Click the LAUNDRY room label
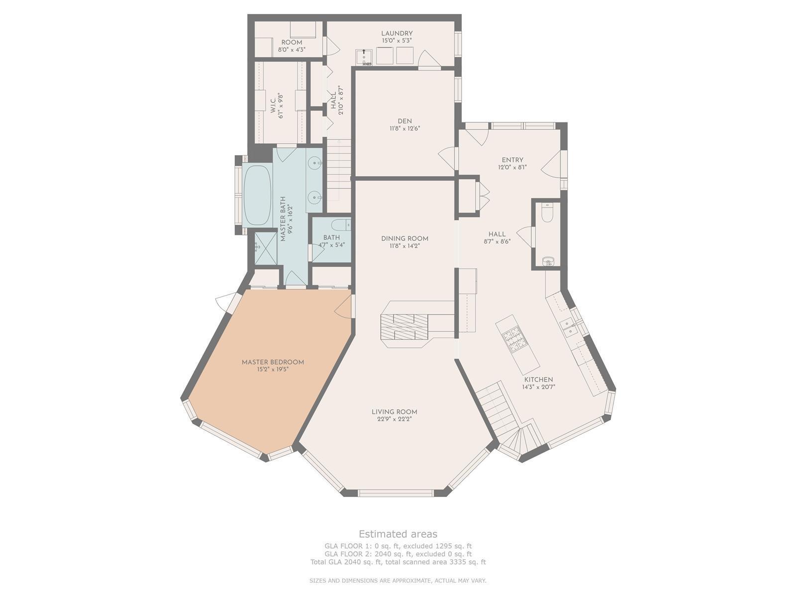pyautogui.click(x=397, y=33)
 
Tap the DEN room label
pyautogui.click(x=404, y=121)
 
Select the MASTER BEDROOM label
pyautogui.click(x=273, y=362)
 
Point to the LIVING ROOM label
pyautogui.click(x=394, y=412)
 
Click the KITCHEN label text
pyautogui.click(x=538, y=380)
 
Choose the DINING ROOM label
pyautogui.click(x=404, y=238)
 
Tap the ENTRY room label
pyautogui.click(x=512, y=160)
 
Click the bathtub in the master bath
pyautogui.click(x=257, y=196)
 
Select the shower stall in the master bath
pyautogui.click(x=266, y=248)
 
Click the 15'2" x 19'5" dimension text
pyautogui.click(x=273, y=370)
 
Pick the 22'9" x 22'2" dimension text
pyautogui.click(x=394, y=419)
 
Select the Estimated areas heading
pyautogui.click(x=398, y=534)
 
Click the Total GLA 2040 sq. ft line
pyautogui.click(x=398, y=562)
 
